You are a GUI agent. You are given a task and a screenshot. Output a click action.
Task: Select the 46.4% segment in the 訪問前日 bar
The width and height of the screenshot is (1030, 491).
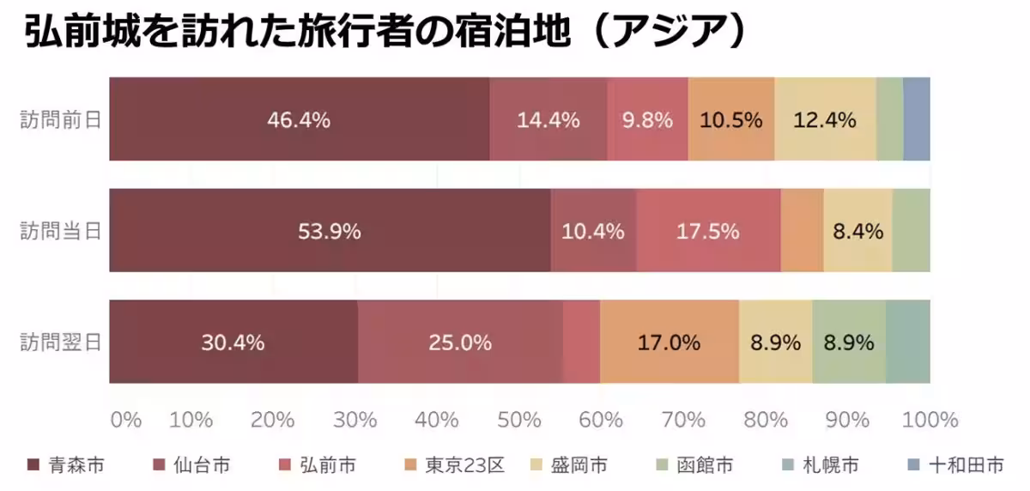click(x=299, y=119)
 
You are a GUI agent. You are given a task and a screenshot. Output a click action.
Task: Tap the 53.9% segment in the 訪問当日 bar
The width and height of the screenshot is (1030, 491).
click(x=330, y=231)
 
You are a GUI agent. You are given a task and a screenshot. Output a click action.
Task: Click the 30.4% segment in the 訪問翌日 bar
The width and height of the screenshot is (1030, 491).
click(x=233, y=342)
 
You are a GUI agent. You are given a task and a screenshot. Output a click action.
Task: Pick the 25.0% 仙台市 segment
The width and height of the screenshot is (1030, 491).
click(x=460, y=342)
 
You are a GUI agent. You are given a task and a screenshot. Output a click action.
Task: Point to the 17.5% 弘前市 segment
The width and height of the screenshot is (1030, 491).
click(x=708, y=231)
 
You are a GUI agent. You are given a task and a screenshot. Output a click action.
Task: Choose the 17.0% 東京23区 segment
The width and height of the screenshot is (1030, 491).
click(x=669, y=342)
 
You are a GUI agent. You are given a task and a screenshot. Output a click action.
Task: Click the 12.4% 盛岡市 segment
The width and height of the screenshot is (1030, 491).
click(x=824, y=119)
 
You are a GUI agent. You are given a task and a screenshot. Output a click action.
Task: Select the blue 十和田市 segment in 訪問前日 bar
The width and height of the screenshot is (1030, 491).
click(x=916, y=119)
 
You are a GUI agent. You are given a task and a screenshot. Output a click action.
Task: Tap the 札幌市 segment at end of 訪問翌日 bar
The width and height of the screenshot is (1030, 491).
click(x=907, y=342)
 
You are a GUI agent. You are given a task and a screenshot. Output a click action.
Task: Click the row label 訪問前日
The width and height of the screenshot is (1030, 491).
click(x=61, y=119)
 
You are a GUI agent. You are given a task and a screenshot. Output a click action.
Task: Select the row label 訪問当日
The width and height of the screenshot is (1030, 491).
click(x=61, y=231)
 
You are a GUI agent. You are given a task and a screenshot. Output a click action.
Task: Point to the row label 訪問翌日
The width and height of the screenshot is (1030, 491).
click(x=61, y=342)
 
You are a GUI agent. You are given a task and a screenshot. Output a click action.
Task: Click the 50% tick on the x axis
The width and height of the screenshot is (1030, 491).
click(x=520, y=420)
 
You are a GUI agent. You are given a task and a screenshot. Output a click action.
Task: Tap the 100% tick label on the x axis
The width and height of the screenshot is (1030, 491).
click(x=930, y=420)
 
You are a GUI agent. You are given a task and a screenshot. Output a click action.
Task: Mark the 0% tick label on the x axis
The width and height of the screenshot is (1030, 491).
click(x=125, y=420)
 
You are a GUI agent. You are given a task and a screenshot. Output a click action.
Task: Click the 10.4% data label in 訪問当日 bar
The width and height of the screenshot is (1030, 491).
click(x=592, y=232)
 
